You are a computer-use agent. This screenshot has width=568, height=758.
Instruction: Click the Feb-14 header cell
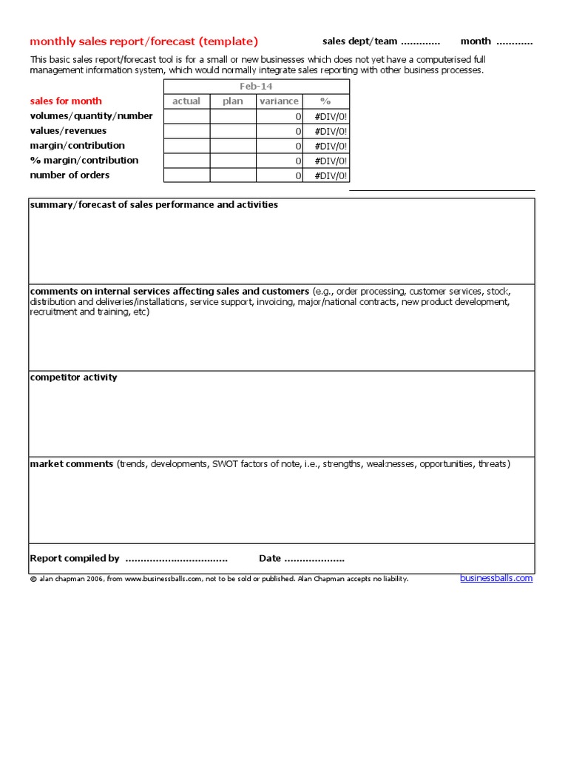pos(256,87)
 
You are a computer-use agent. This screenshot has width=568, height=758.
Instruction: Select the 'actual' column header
pos(186,101)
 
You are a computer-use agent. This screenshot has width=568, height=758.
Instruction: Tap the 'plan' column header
pos(233,101)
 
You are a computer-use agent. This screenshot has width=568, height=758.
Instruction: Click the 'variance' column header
pos(280,101)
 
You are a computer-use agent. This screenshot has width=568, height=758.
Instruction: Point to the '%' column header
pos(326,101)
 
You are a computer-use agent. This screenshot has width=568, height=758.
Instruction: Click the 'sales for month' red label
pos(66,101)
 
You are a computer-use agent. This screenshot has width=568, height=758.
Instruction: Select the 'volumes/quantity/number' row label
pos(91,116)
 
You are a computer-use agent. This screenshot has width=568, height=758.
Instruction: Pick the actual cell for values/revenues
pos(186,131)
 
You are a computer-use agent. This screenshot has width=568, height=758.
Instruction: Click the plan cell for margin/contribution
pos(233,146)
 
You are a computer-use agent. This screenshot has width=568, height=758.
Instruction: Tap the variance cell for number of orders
pos(280,175)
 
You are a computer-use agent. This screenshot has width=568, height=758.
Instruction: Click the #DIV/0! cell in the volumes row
pos(326,116)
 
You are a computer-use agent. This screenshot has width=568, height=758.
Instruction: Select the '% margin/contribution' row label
pos(84,161)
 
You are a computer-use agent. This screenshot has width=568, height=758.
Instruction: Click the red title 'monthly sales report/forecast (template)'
pos(144,41)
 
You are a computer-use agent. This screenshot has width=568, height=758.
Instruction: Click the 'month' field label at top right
pos(476,41)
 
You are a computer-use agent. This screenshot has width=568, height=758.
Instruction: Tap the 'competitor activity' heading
pos(73,378)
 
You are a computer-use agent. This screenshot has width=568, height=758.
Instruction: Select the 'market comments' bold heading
pos(72,464)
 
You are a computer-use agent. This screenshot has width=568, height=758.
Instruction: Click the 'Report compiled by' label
pos(74,559)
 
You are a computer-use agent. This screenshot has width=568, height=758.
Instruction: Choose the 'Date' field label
pos(270,559)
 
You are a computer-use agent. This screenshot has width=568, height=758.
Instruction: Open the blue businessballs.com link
pos(496,578)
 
